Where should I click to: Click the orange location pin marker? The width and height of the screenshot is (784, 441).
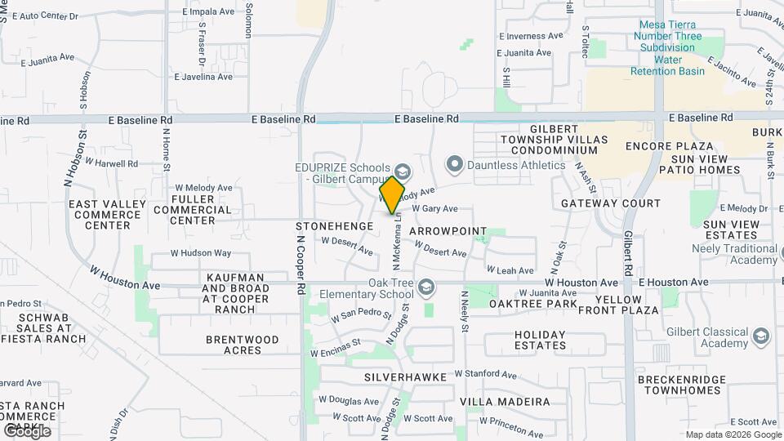pyautogui.click(x=392, y=194)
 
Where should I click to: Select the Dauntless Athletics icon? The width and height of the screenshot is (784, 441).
pyautogui.click(x=454, y=165)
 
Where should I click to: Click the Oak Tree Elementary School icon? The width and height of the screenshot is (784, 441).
pyautogui.click(x=425, y=287)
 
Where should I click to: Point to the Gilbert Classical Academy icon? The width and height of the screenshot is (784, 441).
pyautogui.click(x=761, y=336)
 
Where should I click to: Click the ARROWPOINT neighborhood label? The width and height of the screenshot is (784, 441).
pyautogui.click(x=448, y=232)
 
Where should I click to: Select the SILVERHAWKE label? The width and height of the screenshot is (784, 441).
pyautogui.click(x=405, y=377)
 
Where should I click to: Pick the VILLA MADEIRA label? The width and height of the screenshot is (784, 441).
pyautogui.click(x=505, y=402)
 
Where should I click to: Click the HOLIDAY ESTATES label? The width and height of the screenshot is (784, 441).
pyautogui.click(x=540, y=340)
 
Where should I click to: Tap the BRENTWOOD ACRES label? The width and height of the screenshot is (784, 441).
pyautogui.click(x=234, y=345)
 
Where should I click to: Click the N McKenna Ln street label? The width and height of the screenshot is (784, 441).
pyautogui.click(x=396, y=243)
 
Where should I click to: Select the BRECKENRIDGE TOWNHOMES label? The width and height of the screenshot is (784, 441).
pyautogui.click(x=683, y=385)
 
